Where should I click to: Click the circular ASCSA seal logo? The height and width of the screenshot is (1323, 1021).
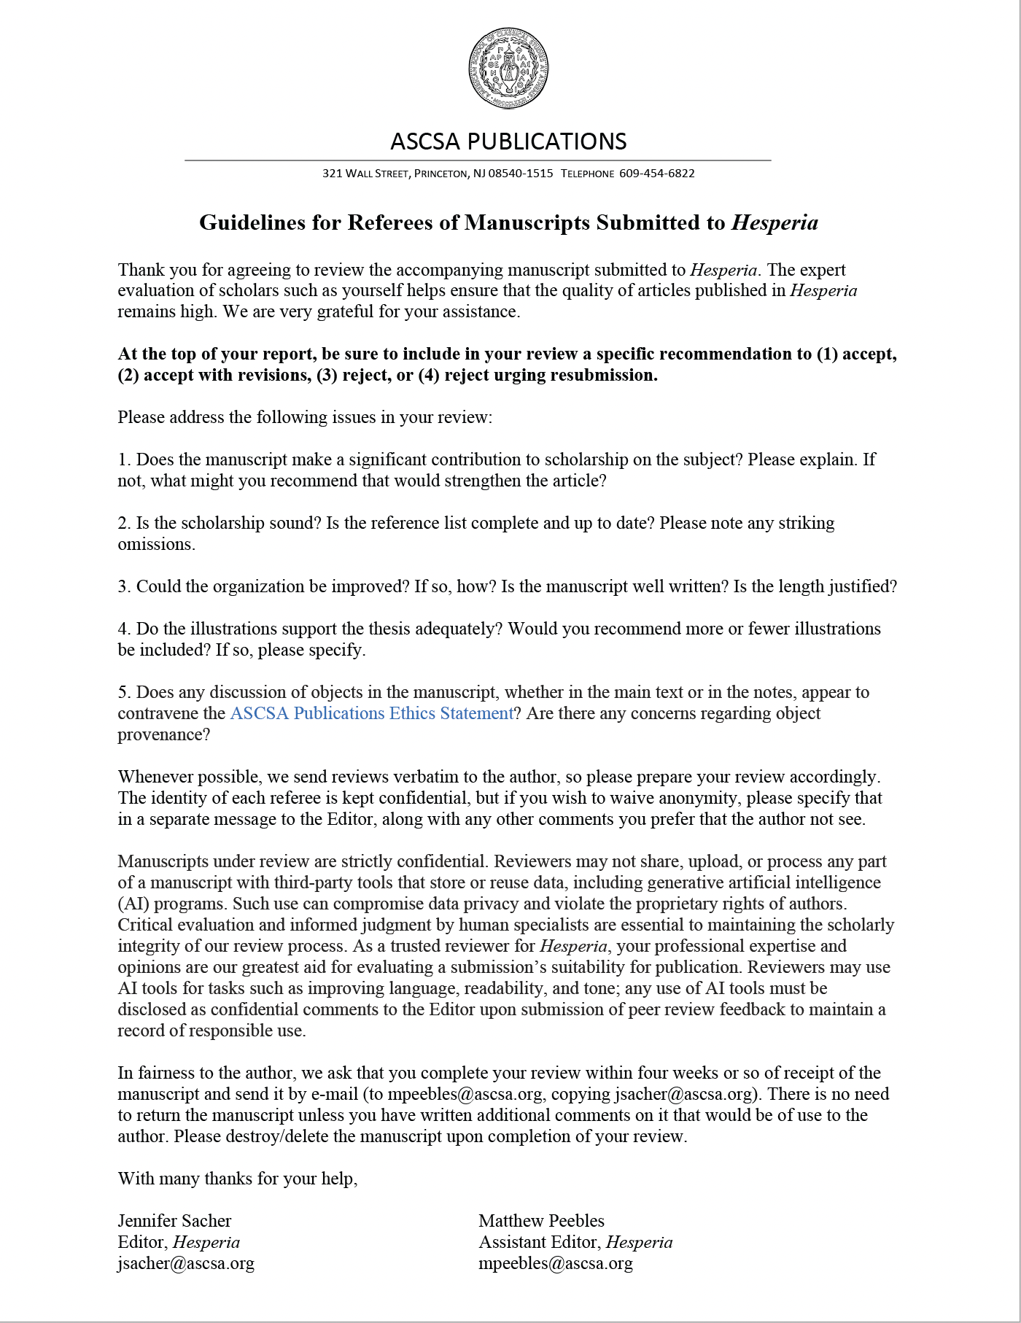click(x=508, y=69)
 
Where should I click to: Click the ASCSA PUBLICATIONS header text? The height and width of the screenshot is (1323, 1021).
click(x=508, y=141)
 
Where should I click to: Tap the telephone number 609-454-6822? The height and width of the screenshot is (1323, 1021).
click(x=656, y=174)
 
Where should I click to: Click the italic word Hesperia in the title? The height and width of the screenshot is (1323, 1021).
click(x=775, y=222)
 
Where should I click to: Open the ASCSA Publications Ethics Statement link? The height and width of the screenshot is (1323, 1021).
click(x=372, y=713)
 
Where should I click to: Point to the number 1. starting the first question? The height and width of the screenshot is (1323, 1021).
click(x=125, y=459)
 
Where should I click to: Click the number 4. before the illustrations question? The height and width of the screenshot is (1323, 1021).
click(x=125, y=629)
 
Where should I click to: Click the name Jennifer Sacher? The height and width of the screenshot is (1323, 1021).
click(x=174, y=1221)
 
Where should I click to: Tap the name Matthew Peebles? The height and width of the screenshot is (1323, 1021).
click(x=541, y=1221)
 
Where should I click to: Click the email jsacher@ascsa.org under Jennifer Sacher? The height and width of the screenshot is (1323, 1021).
click(x=186, y=1263)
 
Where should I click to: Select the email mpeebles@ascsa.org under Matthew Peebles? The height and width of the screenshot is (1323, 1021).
click(x=555, y=1263)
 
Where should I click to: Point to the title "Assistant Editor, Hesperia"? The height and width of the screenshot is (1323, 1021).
click(x=575, y=1242)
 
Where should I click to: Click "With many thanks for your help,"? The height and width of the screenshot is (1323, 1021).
click(x=238, y=1179)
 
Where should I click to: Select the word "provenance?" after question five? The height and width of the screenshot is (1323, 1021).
click(x=164, y=734)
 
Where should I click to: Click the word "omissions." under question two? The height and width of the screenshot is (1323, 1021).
click(x=156, y=544)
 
